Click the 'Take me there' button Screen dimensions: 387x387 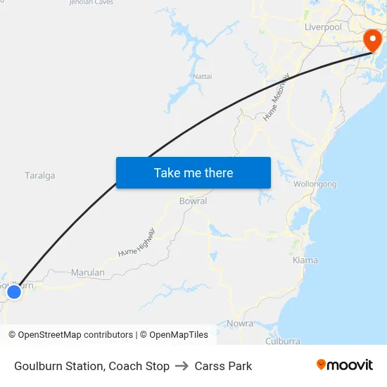[x=193, y=172]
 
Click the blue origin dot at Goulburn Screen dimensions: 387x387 [x=14, y=291]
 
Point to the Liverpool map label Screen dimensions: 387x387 [x=323, y=27]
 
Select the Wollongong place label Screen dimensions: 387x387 [x=315, y=184]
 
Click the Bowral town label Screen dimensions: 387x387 [x=193, y=201]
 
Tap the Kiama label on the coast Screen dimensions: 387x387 [x=305, y=260]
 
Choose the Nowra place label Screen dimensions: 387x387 [x=240, y=324]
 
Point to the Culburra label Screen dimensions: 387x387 [x=283, y=341]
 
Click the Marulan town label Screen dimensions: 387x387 [x=88, y=273]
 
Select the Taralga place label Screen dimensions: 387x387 [x=39, y=176]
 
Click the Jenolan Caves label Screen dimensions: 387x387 [x=91, y=3]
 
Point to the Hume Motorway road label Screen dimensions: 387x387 [x=277, y=98]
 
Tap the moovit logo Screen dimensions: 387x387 [x=344, y=365]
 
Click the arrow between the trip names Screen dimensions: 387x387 [x=182, y=366]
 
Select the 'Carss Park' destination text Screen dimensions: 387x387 [x=223, y=366]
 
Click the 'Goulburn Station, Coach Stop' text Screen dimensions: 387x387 [x=91, y=366]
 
